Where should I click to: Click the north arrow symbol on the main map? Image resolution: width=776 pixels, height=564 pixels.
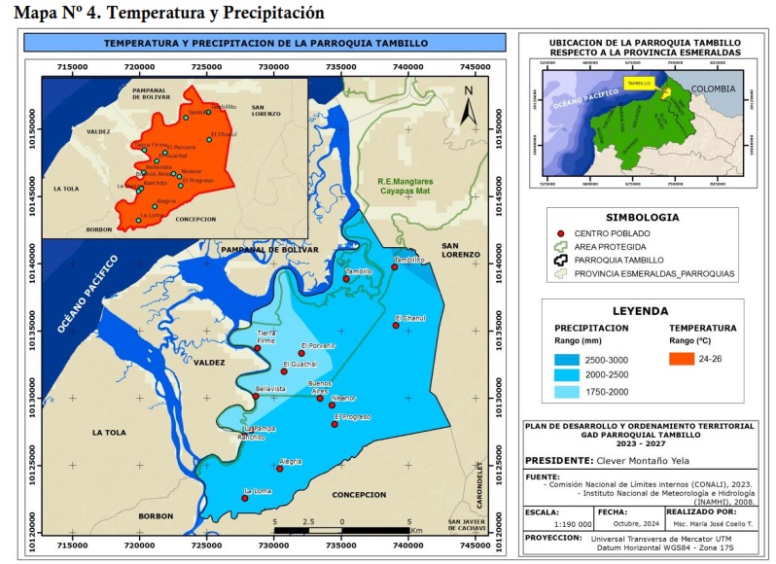click(x=468, y=105)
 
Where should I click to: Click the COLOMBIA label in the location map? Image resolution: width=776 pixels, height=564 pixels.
click(x=716, y=88)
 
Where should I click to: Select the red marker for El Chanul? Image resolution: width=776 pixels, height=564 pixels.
click(x=396, y=326)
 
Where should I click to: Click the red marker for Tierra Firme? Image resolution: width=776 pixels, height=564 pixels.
click(x=258, y=348)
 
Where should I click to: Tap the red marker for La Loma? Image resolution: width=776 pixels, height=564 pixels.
click(x=244, y=498)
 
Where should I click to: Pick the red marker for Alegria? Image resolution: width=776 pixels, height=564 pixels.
click(x=279, y=469)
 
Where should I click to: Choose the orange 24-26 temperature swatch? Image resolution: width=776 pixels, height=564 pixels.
click(x=683, y=358)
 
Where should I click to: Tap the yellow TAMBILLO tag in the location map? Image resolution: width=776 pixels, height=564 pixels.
click(x=639, y=84)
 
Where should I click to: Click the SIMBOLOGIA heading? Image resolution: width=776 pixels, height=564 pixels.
click(x=642, y=217)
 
